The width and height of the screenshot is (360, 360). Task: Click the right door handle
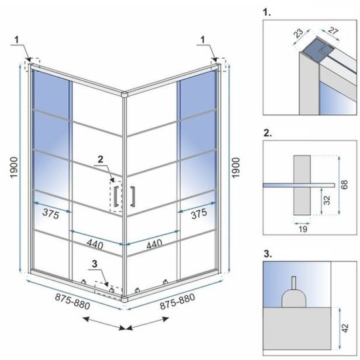pos(133,196)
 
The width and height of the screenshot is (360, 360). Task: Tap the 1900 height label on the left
pos(14,167)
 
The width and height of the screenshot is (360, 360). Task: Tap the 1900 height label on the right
pos(236,168)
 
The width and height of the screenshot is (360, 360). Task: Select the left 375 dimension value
pos(51,214)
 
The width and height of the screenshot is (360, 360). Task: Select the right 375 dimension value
pos(199,214)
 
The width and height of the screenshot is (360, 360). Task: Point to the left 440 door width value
pos(95,244)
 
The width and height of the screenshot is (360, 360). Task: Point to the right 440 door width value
pos(154,244)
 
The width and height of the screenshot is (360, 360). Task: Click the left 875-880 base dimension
pos(72,302)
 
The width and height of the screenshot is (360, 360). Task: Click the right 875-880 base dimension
pos(177,302)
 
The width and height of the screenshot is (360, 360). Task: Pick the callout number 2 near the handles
pos(101,160)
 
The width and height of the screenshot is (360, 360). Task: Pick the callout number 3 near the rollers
pos(95,264)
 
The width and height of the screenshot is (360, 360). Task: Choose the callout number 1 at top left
pos(16,40)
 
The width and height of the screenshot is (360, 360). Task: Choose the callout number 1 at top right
pos(202,40)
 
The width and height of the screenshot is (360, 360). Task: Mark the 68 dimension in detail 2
pos(344,185)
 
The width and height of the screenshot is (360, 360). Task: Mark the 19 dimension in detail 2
pos(303,229)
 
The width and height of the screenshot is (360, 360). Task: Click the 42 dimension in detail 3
pos(345,328)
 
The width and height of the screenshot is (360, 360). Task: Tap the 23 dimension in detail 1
pos(298,33)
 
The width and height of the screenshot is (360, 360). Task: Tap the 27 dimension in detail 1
pos(333,30)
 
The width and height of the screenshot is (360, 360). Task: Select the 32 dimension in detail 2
pos(327,200)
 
